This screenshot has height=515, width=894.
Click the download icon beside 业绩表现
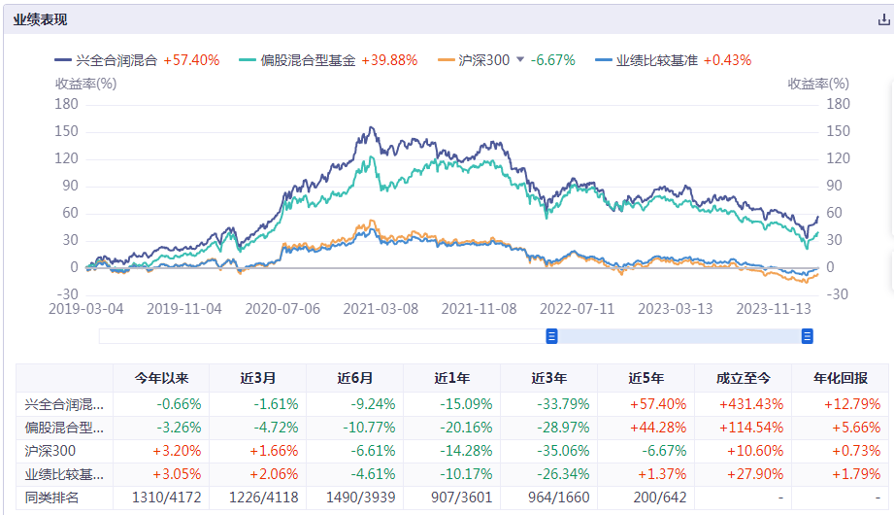tap(882, 19)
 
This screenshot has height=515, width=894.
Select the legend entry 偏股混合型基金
tap(310, 60)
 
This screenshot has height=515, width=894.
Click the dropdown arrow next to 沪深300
tap(520, 60)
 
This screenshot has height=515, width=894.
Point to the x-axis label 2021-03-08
tap(381, 308)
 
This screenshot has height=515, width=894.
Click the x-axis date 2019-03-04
tap(85, 308)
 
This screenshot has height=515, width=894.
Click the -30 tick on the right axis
tap(836, 294)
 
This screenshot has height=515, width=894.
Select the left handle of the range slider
tap(551, 336)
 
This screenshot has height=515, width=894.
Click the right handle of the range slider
tap(807, 336)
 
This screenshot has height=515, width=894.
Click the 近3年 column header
tap(549, 378)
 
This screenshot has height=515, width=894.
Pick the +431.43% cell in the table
tap(744, 404)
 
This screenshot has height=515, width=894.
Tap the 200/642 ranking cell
tap(646, 498)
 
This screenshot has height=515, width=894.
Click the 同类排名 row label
tap(54, 498)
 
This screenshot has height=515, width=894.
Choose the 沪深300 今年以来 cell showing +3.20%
tap(161, 451)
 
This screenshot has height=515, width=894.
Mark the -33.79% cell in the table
tap(549, 404)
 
